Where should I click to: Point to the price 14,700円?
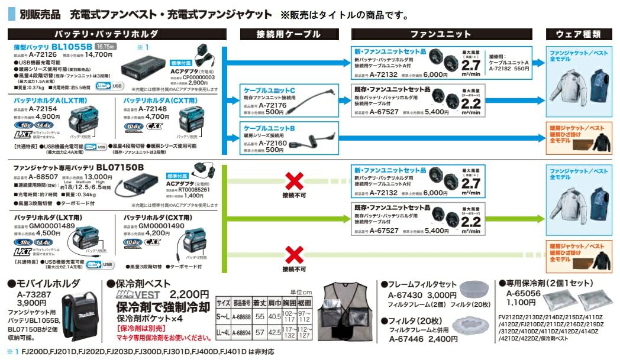pyautogui.click(x=99, y=54)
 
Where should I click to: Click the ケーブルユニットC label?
pyautogui.click(x=269, y=90)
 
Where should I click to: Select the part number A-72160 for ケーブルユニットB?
pyautogui.click(x=271, y=142)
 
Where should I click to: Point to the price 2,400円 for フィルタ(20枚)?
pyautogui.click(x=443, y=340)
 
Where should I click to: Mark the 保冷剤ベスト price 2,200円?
pyautogui.click(x=189, y=294)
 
